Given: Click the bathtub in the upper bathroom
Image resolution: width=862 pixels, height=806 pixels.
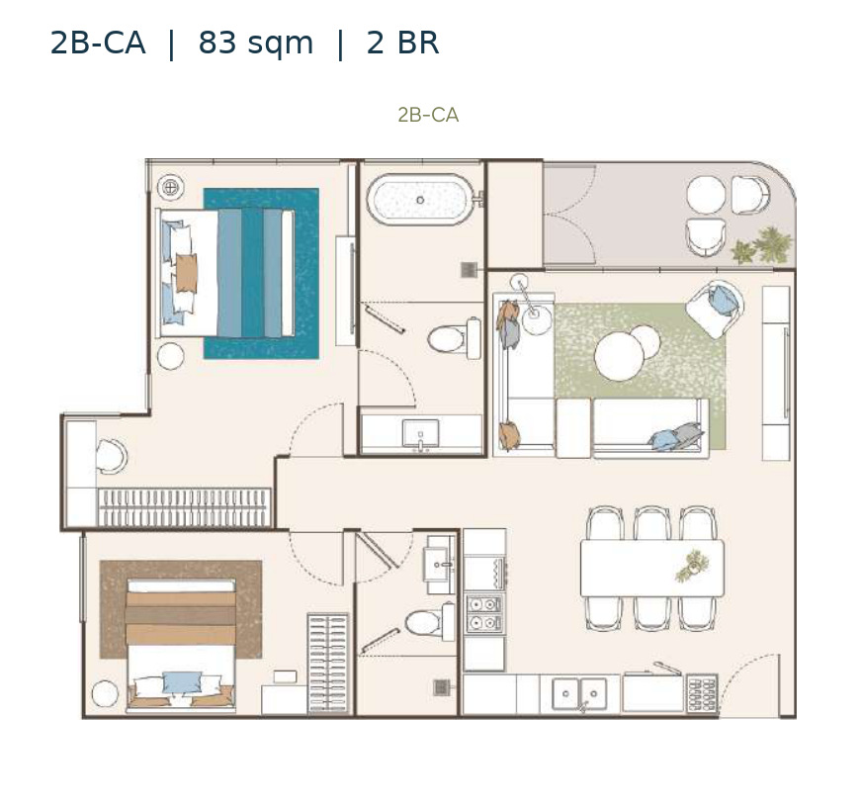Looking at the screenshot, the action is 420,200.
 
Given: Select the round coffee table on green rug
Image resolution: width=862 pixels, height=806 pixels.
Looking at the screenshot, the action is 619,356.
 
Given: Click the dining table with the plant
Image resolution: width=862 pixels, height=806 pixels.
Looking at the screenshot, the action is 652,568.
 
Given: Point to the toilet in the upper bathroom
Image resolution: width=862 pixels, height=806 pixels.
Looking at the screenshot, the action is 454,338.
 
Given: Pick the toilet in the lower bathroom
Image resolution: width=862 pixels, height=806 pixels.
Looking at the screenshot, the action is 430,622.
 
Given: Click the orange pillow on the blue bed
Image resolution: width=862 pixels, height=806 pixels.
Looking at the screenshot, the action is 187,273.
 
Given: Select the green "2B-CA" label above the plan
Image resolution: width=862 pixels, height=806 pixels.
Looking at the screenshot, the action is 428,115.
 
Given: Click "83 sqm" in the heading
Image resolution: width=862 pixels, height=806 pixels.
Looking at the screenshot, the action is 256,43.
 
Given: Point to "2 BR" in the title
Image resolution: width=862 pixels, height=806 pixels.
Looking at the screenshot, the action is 403,43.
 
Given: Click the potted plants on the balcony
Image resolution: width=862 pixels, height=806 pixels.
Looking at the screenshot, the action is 762,245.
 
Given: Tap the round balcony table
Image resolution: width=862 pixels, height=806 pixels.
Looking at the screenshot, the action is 706,195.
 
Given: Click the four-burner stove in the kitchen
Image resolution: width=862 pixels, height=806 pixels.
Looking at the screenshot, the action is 484,613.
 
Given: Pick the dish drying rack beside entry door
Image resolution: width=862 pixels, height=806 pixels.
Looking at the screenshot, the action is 702,692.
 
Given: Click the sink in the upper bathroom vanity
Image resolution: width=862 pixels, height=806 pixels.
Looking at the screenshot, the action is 420,433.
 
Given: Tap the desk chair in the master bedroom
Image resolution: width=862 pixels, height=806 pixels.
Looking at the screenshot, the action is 112,456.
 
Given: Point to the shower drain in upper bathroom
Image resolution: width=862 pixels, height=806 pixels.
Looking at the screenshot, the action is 469,270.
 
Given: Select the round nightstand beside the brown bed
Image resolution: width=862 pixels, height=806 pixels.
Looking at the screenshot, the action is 105,694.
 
